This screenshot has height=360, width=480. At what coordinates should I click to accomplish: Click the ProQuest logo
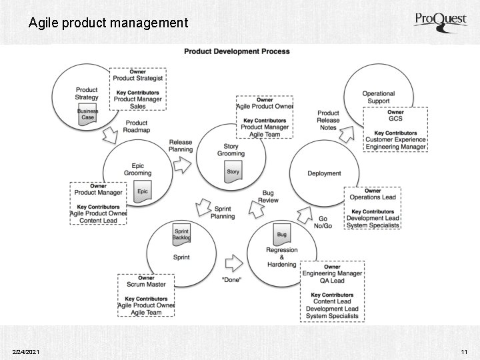[x=441, y=21]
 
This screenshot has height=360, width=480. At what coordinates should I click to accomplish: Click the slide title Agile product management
[x=108, y=23]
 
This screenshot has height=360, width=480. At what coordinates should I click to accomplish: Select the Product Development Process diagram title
[x=237, y=51]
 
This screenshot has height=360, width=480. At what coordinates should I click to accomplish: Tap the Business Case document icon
[x=87, y=115]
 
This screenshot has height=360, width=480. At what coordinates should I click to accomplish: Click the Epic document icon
[x=143, y=191]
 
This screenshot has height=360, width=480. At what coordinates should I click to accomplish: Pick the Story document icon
[x=233, y=171]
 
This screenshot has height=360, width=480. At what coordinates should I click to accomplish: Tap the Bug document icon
[x=281, y=235]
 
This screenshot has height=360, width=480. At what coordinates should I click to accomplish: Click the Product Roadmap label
[x=137, y=127]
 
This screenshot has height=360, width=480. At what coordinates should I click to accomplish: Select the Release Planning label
[x=181, y=146]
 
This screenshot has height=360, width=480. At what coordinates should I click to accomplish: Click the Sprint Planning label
[x=223, y=213]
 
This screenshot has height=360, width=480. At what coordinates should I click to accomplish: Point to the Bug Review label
[x=268, y=197]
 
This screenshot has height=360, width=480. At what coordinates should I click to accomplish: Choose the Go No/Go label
[x=323, y=222]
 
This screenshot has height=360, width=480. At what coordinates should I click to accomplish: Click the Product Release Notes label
[x=328, y=120]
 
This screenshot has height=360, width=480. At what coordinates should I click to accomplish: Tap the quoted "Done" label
[x=231, y=279]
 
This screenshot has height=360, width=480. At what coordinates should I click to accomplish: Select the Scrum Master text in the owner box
[x=146, y=285]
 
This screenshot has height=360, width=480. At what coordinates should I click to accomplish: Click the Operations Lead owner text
[x=373, y=197]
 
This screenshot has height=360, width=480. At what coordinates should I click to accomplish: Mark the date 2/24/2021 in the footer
[x=26, y=351]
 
